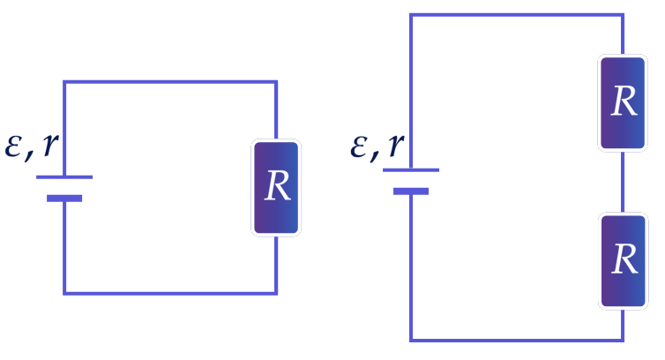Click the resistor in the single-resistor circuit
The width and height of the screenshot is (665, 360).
pos(276,188)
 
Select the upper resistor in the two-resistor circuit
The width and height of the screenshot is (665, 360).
pos(623,102)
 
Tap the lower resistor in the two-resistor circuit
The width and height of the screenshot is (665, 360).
pos(623,261)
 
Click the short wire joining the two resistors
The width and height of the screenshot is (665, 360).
pos(623,182)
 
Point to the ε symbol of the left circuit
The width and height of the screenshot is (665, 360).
pos(12,146)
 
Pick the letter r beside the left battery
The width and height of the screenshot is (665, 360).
pos(50,145)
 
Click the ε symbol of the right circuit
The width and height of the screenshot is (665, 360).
pos(359,146)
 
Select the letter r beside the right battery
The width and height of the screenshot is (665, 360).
pos(396,145)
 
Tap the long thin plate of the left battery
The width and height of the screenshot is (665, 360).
pos(64,177)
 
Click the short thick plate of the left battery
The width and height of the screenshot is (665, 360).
pos(64,199)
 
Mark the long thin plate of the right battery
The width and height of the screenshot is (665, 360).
pos(411,170)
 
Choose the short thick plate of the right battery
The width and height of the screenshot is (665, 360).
pos(411,191)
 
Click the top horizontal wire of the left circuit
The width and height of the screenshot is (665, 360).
pos(170,81)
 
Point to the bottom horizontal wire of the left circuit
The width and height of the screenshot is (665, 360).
pos(170,293)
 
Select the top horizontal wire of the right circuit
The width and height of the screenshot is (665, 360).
pos(517,15)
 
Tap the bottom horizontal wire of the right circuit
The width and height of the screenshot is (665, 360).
pos(517,340)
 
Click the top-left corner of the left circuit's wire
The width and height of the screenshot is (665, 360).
pos(64,81)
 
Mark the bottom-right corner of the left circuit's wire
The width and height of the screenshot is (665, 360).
pos(276,293)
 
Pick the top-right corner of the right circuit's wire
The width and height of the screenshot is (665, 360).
pos(623,15)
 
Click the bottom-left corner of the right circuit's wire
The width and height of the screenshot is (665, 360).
pos(411,340)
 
